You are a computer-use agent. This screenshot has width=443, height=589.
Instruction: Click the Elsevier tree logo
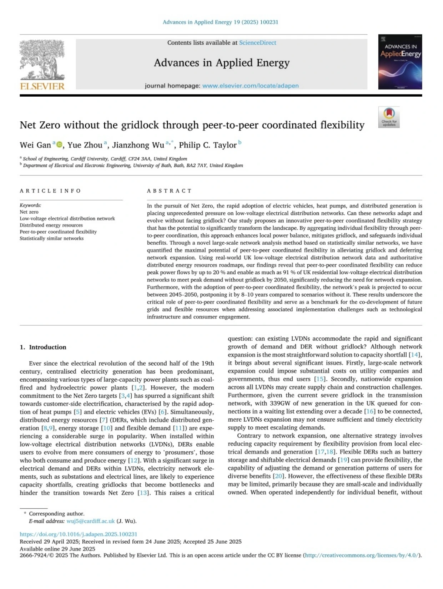(42, 59)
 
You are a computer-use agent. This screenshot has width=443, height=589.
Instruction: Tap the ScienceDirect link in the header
(257, 43)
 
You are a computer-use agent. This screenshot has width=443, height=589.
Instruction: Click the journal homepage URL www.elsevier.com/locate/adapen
(250, 86)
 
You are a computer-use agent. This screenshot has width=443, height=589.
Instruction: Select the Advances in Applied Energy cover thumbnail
(400, 62)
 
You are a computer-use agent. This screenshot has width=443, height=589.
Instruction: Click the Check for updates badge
(389, 117)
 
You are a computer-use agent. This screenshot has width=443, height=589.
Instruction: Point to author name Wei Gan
(35, 145)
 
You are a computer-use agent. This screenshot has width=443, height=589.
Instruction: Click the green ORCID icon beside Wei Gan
(60, 144)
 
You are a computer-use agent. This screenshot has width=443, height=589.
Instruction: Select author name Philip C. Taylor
(208, 145)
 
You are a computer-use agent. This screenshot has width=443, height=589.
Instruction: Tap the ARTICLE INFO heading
(50, 191)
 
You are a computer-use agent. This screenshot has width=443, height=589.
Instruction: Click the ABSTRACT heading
(169, 191)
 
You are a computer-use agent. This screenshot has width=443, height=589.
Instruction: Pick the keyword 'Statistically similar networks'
(51, 238)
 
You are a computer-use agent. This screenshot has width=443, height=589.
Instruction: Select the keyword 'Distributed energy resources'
(51, 225)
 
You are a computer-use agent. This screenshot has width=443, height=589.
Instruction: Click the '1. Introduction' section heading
(43, 347)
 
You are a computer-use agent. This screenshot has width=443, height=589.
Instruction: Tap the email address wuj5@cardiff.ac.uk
(90, 521)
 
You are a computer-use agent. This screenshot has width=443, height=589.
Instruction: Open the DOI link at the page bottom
(78, 534)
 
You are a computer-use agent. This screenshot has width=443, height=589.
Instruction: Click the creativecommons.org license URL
(362, 555)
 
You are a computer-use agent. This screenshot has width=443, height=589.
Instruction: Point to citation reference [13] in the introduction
(143, 493)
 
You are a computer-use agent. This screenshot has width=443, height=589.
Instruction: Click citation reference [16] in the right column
(369, 411)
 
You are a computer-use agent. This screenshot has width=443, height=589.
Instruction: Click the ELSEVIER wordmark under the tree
(42, 86)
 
